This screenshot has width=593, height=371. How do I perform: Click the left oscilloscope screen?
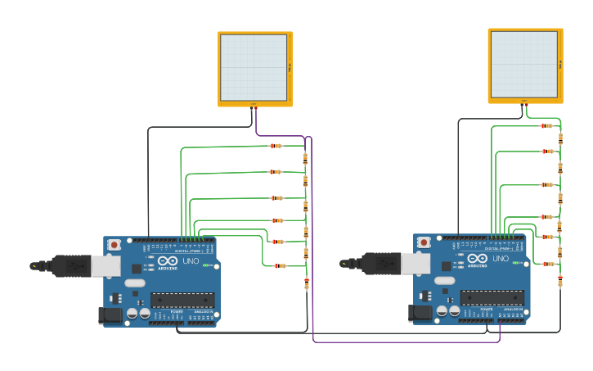click(254, 67)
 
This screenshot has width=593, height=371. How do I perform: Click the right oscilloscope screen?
click(523, 65)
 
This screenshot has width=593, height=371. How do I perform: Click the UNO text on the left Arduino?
click(190, 261)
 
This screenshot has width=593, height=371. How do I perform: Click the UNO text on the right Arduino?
click(500, 259)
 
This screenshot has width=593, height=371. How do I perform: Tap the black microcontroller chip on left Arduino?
click(182, 300)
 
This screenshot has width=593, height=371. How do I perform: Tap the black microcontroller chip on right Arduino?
click(492, 297)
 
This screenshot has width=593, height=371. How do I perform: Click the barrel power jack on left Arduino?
click(110, 315)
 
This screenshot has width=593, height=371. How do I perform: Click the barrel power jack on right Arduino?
click(420, 313)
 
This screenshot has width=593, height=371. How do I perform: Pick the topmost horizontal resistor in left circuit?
click(276, 146)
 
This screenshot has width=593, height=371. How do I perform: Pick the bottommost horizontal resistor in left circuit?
click(280, 265)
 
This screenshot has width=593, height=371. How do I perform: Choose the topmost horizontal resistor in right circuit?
click(546, 126)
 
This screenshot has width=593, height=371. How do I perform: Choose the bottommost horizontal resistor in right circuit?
click(548, 264)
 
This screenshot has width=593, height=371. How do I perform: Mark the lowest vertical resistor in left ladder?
click(307, 284)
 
